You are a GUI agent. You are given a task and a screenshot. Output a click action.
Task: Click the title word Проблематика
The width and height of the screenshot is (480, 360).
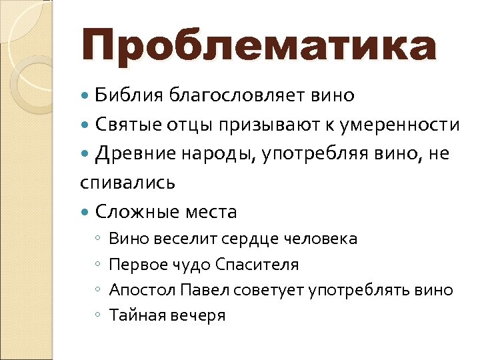coord(259,47)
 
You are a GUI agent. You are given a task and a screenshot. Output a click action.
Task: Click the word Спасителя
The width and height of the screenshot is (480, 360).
coord(257,265)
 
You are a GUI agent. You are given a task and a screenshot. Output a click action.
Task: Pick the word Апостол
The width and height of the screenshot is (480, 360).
coord(137,291)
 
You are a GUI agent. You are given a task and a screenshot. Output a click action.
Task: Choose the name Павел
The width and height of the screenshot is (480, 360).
coord(193,291)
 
